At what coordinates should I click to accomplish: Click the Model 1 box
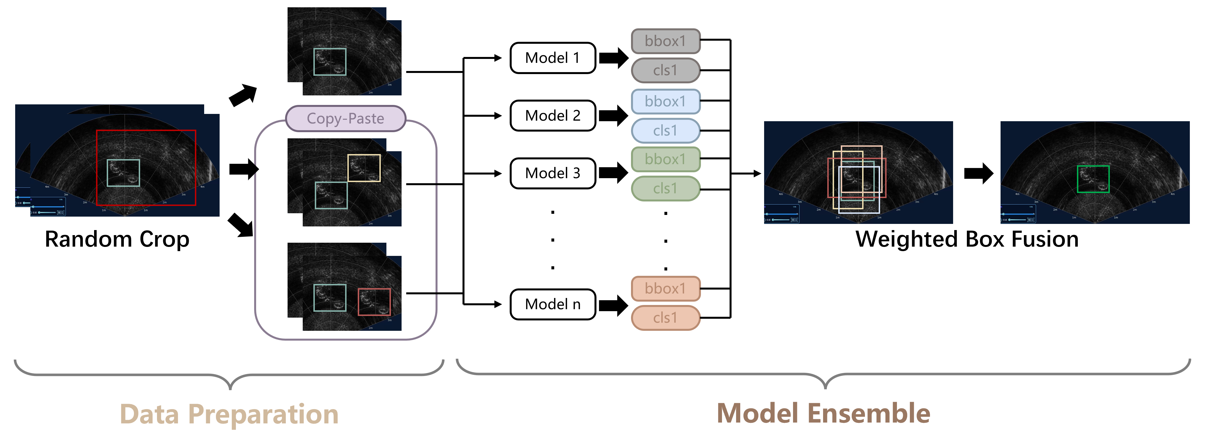pyautogui.click(x=552, y=58)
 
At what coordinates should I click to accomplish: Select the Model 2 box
pyautogui.click(x=552, y=115)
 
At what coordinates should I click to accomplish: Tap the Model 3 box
pyautogui.click(x=552, y=173)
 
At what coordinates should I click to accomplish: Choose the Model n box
pyautogui.click(x=552, y=304)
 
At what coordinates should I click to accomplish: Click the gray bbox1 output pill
pyautogui.click(x=665, y=41)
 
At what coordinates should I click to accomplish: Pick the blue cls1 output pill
pyautogui.click(x=665, y=131)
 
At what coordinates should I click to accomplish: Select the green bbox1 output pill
pyautogui.click(x=665, y=159)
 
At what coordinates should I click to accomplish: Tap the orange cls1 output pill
pyautogui.click(x=665, y=318)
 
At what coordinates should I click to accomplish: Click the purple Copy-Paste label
pyautogui.click(x=345, y=118)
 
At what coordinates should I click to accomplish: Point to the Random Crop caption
pyautogui.click(x=117, y=239)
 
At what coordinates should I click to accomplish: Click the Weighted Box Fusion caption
pyautogui.click(x=967, y=239)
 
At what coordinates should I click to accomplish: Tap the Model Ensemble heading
pyautogui.click(x=823, y=414)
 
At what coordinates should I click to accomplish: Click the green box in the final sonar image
pyautogui.click(x=1093, y=179)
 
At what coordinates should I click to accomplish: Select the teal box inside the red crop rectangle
pyautogui.click(x=124, y=173)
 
